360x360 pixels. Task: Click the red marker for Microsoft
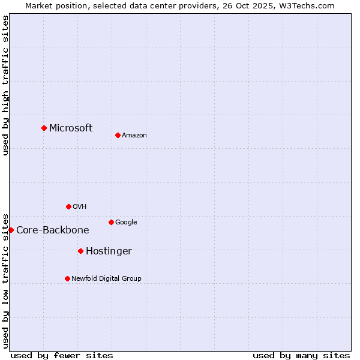coord(44,128)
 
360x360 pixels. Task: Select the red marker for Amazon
coord(118,135)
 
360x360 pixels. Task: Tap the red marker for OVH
coord(68,206)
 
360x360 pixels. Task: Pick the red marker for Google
coord(111,222)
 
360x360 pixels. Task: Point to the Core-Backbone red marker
coord(11,230)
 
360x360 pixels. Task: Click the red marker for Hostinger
coord(80,251)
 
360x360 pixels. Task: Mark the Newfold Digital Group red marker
coord(67,278)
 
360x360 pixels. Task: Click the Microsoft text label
coord(71,128)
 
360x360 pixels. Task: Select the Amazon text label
coord(134,135)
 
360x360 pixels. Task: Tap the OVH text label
coord(80,206)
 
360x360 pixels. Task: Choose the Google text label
coord(126,222)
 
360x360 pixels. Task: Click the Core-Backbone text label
coord(53,230)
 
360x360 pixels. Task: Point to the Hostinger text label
coord(109,251)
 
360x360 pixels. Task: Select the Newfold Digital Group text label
coord(107,278)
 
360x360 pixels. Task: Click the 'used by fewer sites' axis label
coord(62,355)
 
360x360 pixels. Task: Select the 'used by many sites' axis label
coord(301,355)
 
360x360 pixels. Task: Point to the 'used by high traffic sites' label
coord(5,85)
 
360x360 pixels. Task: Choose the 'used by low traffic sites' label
coord(5,280)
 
